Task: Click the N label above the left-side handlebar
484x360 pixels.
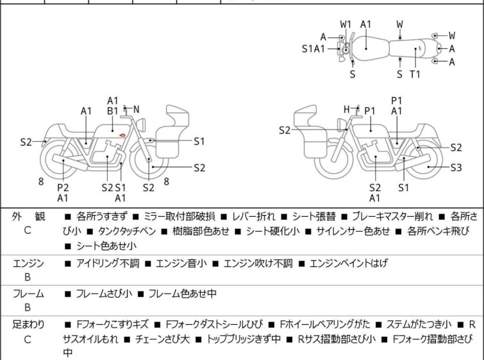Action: coord(136,110)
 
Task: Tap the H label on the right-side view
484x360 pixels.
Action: coord(347,110)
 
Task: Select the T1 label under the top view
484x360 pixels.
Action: coord(415,74)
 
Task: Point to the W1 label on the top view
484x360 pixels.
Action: coord(346,24)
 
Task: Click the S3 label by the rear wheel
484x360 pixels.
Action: coord(455,167)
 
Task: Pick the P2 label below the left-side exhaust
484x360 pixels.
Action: coord(63,187)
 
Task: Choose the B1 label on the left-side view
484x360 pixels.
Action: coord(113,111)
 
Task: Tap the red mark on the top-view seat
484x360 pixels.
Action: coord(419,48)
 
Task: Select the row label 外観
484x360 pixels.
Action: coord(27,216)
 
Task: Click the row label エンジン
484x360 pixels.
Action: coord(27,263)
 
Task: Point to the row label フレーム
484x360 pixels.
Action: coord(27,294)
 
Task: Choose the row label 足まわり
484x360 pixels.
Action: coord(27,325)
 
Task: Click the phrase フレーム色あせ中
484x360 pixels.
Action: coord(183,294)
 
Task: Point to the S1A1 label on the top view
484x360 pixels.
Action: coord(313,48)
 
